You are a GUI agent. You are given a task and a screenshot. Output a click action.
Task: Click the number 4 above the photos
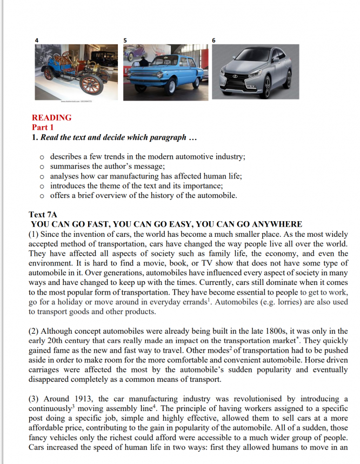(x=37, y=41)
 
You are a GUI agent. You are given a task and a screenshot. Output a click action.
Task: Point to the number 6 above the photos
(x=215, y=41)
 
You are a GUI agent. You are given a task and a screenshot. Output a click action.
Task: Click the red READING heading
(x=51, y=117)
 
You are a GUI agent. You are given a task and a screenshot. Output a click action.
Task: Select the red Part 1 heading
(x=43, y=127)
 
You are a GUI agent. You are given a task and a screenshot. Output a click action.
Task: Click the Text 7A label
(x=42, y=215)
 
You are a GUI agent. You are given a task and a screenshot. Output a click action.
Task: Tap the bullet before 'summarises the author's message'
(x=42, y=167)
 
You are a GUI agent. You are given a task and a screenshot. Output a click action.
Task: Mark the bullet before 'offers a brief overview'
(x=42, y=196)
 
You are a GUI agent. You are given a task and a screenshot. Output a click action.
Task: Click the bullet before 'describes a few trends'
(x=42, y=157)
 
